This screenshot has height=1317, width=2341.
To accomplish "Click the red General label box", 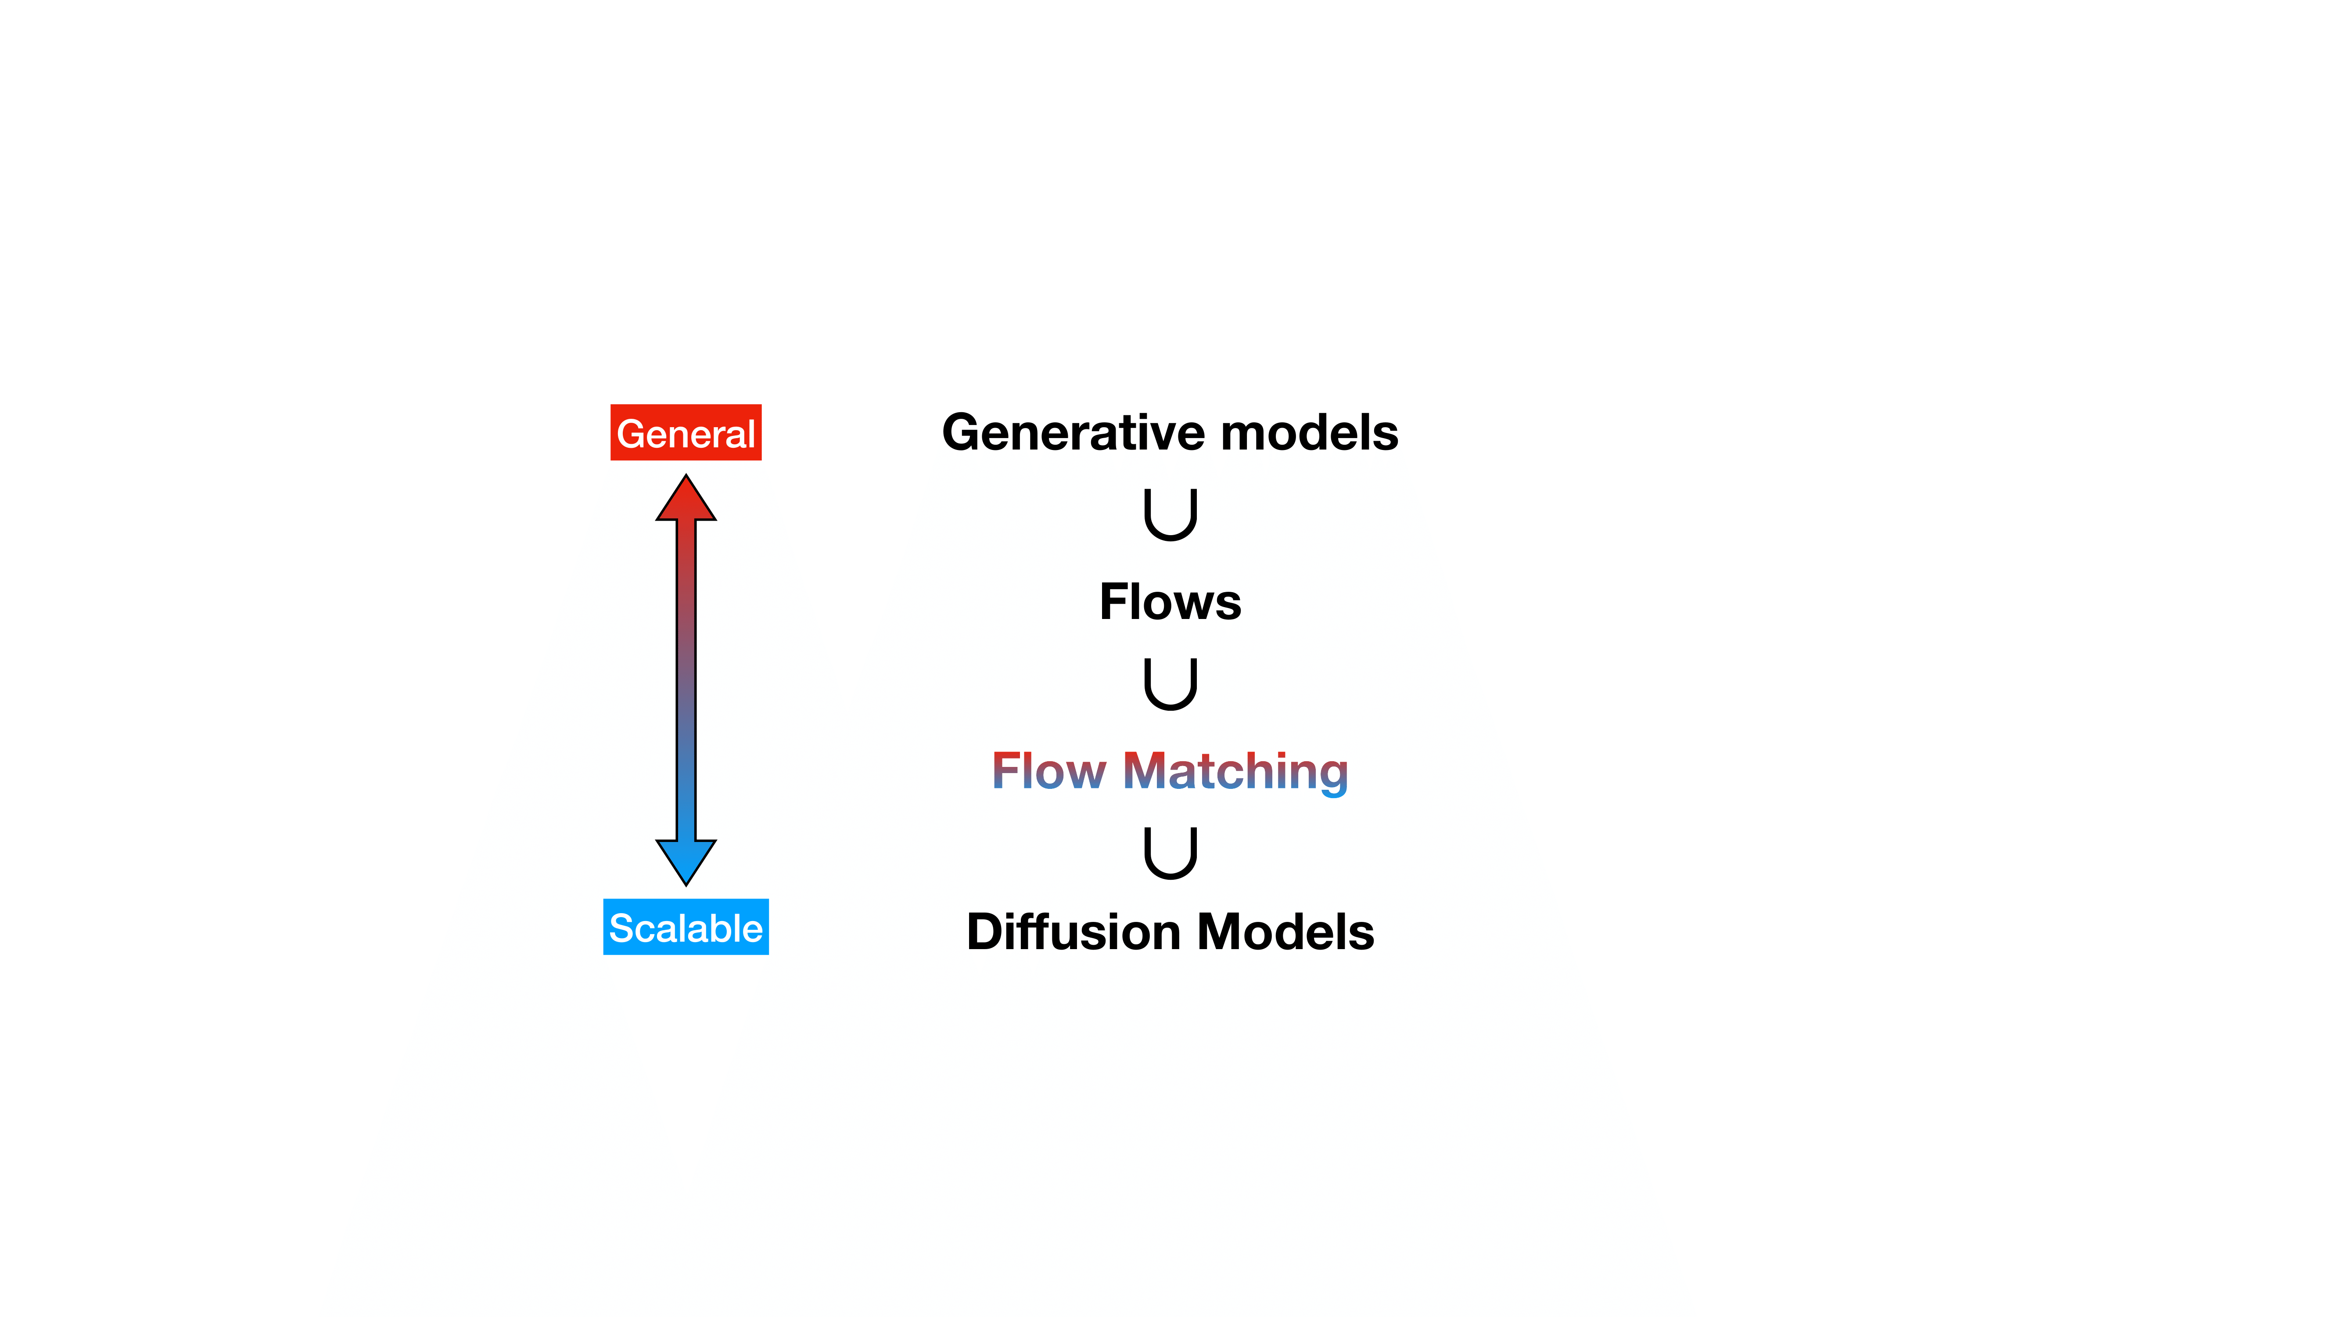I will [x=685, y=433].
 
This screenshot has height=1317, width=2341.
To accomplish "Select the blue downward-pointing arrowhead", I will [x=686, y=859].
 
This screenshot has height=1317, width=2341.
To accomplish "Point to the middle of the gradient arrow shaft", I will [x=686, y=680].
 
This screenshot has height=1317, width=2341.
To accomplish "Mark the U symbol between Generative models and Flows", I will [x=1170, y=515].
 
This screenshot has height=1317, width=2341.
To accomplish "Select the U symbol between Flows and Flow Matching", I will [x=1170, y=684].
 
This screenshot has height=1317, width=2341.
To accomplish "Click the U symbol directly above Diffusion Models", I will [x=1170, y=853].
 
